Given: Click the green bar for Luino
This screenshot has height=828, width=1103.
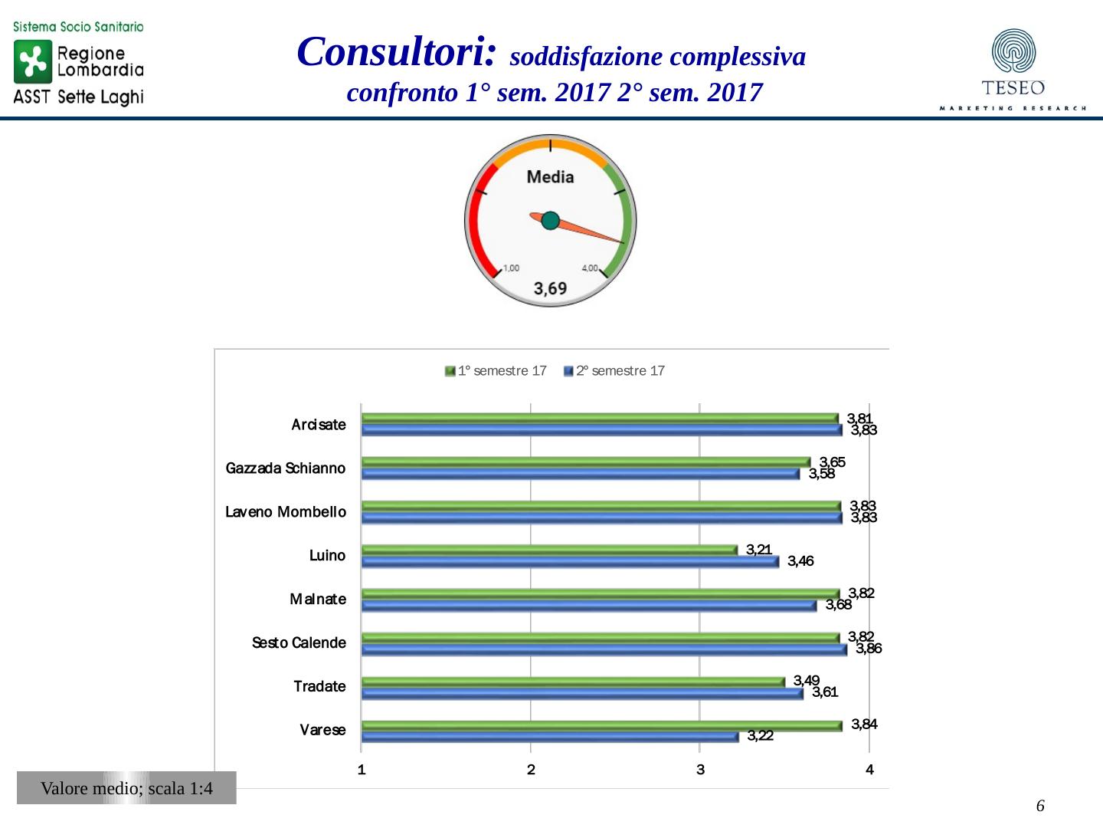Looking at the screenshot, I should [548, 550].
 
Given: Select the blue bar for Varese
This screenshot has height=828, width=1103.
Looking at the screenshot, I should [549, 737].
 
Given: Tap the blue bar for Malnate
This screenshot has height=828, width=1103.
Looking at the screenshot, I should [588, 606].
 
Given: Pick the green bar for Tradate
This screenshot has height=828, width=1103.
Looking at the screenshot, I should [572, 682].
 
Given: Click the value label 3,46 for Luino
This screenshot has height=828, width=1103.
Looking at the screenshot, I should [800, 561].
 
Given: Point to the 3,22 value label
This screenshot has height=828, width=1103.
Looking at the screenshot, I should [760, 736].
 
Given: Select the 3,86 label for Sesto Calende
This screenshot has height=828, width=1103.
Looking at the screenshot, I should [869, 649].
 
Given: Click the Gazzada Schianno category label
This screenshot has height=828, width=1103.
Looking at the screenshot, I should [285, 468].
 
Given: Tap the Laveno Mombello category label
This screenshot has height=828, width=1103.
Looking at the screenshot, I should [285, 512].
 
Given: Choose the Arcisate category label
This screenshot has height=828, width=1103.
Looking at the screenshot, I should [319, 425].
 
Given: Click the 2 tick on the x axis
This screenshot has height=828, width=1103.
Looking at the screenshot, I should [531, 770].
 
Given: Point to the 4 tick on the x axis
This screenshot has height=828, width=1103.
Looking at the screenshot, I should [869, 770].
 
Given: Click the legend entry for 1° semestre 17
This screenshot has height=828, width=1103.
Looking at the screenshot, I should [496, 371].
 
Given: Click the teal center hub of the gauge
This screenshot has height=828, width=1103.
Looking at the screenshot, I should [550, 221].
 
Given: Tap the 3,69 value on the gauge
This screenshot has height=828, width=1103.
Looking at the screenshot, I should [550, 288].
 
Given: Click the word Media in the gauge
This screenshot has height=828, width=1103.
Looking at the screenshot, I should [550, 177].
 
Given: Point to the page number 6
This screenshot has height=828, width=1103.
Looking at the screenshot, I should [1040, 806].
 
